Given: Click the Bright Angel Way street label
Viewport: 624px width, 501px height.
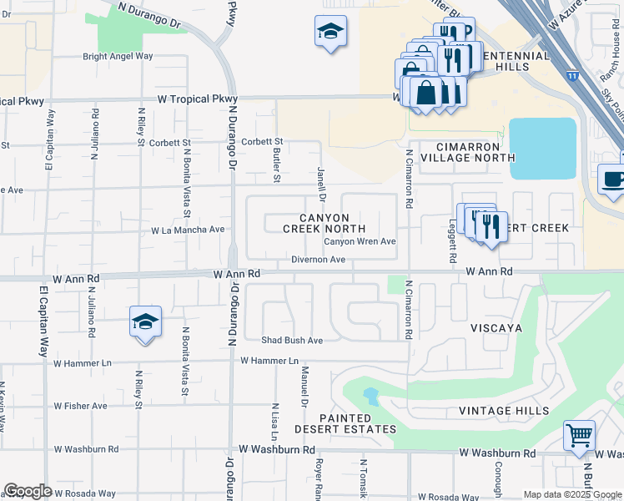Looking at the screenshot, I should click(118, 57).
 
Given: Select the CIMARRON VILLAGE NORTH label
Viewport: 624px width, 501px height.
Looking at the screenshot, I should click(467, 151).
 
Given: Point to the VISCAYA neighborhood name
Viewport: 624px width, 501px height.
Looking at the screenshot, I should click(496, 328).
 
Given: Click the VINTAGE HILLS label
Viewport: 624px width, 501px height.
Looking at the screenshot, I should click(504, 411).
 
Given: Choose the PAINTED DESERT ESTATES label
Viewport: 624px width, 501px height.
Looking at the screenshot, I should click(345, 423).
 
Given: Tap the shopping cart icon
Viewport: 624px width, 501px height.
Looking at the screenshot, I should click(579, 435).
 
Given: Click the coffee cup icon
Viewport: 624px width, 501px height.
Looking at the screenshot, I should click(614, 180).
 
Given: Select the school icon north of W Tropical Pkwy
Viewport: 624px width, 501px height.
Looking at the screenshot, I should click(331, 33).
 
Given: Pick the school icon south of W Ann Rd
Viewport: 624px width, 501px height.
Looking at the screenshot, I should click(145, 321).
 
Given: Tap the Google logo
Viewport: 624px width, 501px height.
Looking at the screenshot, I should click(28, 491).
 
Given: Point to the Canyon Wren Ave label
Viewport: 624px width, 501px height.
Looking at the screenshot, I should click(360, 241).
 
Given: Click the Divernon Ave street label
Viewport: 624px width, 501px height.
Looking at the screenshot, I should click(318, 260).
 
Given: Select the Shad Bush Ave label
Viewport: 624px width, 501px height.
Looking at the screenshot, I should click(292, 341).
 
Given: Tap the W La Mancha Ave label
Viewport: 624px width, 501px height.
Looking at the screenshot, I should click(188, 230).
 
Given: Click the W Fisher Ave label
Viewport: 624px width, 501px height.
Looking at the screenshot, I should click(81, 406).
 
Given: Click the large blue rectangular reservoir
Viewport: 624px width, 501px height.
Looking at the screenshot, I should click(542, 148).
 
